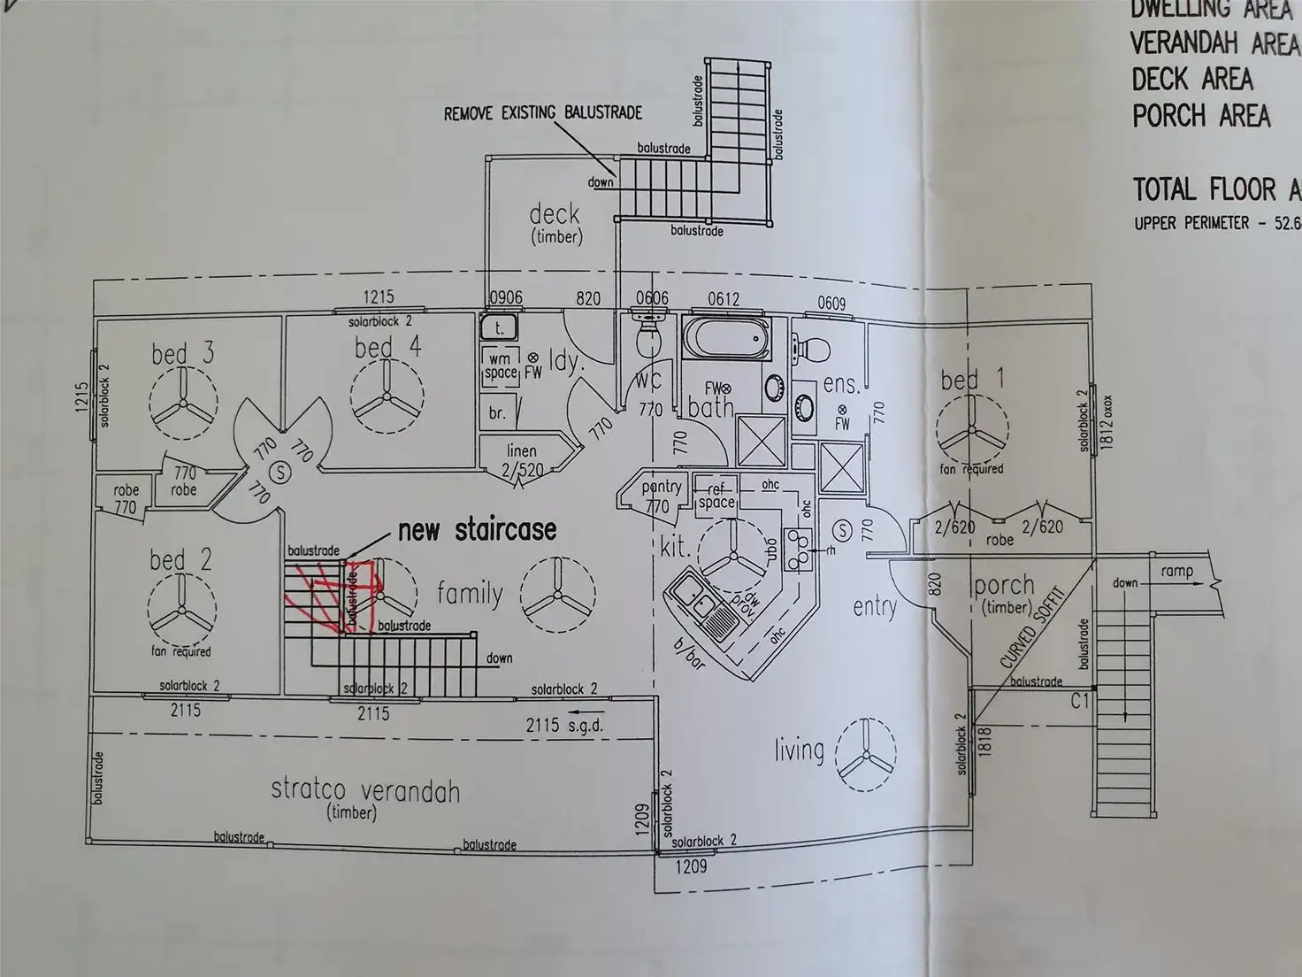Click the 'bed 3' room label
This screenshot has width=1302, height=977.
pos(182,354)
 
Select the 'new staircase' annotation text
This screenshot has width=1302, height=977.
pos(477,530)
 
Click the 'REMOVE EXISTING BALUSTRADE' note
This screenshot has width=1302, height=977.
pos(542,113)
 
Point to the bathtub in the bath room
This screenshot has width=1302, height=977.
pos(724,340)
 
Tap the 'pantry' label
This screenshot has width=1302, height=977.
pos(661,487)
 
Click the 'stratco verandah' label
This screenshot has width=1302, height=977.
pos(365,790)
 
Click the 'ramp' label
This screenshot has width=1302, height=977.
pos(1176,572)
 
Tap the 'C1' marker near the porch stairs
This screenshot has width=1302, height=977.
pos(1080,701)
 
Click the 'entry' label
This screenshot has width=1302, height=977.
pos(874,607)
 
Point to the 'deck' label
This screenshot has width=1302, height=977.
pos(555,214)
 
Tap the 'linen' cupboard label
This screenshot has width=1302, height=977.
pos(522,450)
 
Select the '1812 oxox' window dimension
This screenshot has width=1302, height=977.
pos(1107,422)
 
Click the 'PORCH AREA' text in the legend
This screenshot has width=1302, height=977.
pos(1201,116)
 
